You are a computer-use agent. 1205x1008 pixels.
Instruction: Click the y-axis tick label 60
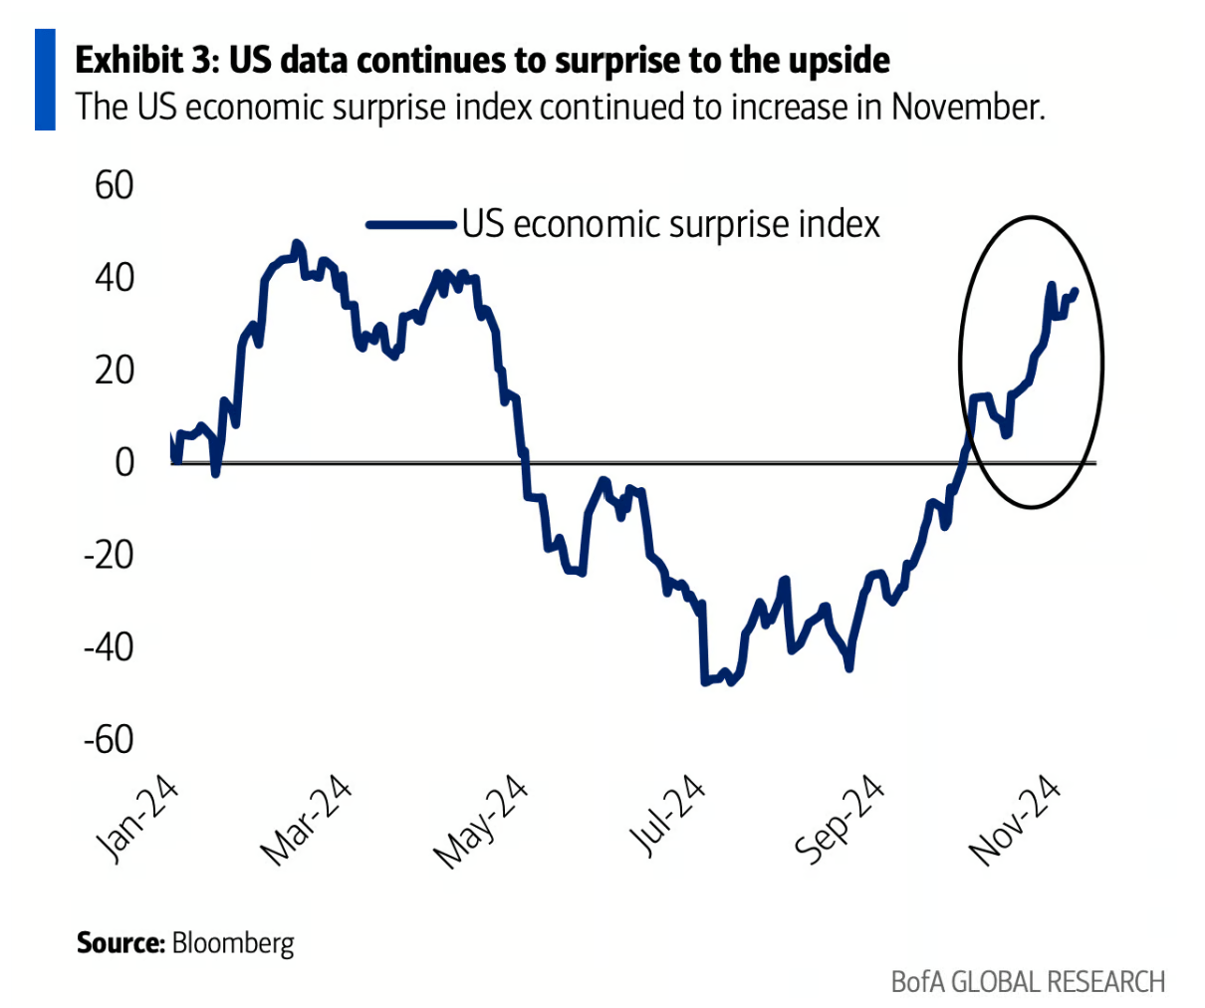[114, 185]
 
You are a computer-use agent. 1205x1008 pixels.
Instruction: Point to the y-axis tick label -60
[108, 739]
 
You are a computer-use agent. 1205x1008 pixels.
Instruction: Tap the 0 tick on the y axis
[123, 462]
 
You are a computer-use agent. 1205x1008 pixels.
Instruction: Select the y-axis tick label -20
[108, 555]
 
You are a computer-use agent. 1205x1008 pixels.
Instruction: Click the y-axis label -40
[108, 646]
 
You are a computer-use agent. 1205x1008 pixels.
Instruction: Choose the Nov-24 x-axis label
[1015, 819]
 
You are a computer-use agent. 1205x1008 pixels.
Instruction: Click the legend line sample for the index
[410, 225]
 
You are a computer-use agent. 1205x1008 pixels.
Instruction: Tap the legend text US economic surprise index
[671, 224]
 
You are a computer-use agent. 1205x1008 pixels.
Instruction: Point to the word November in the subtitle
[967, 106]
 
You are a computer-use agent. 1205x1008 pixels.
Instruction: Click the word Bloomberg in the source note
[233, 942]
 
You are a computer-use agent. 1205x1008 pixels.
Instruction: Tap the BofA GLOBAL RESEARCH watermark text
[1028, 981]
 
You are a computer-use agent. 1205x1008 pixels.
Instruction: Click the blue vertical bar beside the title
[45, 80]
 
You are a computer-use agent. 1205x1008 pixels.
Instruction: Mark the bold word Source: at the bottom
[120, 942]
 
